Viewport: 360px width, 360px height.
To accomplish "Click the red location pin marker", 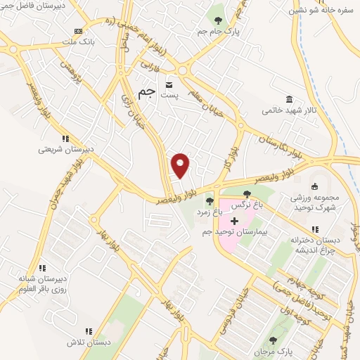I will tap(181, 165).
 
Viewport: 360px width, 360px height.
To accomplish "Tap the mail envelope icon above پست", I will tap(168, 84).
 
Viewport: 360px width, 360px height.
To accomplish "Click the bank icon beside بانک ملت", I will tap(78, 32).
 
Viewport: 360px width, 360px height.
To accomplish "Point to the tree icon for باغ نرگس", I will tap(247, 195).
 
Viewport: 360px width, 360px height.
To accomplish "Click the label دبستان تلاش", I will tap(89, 342).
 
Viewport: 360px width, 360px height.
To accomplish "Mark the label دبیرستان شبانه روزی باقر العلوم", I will tap(41, 283).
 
